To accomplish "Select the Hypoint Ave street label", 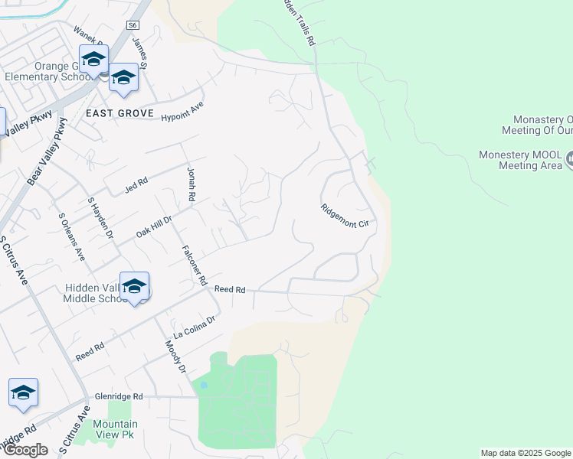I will click(182, 112).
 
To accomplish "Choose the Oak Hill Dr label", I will click(154, 226).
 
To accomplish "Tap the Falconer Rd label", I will click(195, 265).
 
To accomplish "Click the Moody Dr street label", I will click(175, 357).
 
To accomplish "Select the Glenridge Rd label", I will click(119, 396).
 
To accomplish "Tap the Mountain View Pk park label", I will click(115, 429).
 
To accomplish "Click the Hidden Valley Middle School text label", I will click(95, 293).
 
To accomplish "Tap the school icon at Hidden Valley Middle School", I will click(134, 286).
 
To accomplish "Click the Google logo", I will click(25, 450).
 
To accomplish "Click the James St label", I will click(139, 53).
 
